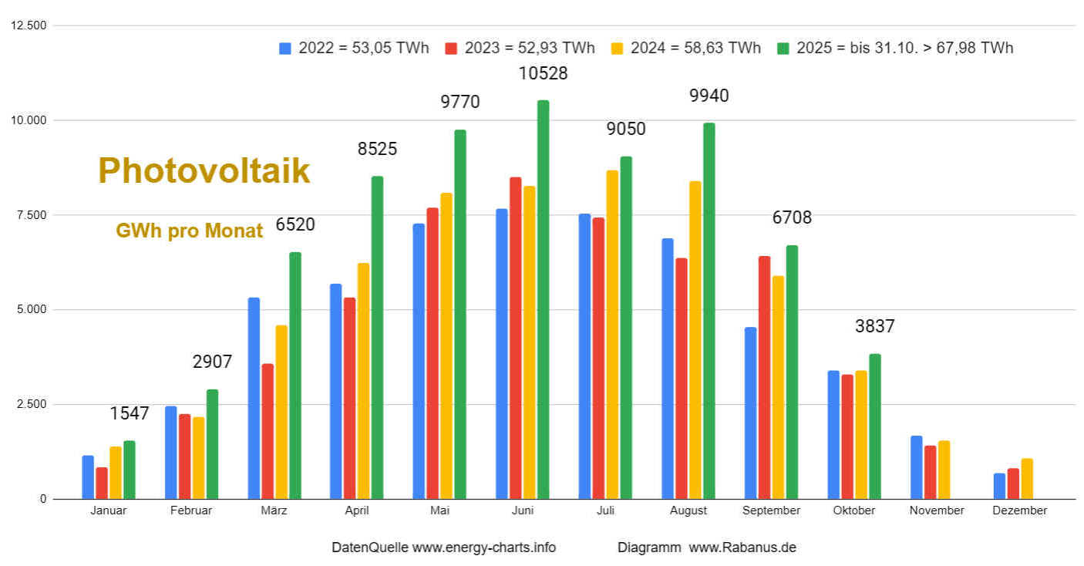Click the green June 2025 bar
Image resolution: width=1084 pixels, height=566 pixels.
tap(543, 301)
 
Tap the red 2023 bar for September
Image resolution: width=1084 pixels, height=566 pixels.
tap(764, 378)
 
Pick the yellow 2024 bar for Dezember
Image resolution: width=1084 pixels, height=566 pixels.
tap(1026, 479)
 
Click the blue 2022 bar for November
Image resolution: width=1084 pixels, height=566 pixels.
tap(916, 467)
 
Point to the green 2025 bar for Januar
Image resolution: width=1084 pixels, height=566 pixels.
tap(129, 470)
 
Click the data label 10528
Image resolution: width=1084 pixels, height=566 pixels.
tap(543, 73)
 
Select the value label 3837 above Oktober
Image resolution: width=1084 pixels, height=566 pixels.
tap(875, 326)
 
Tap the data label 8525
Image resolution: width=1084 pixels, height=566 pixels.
tap(377, 149)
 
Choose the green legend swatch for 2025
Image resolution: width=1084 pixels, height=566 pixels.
tap(783, 48)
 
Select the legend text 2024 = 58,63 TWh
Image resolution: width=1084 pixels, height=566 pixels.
tap(695, 48)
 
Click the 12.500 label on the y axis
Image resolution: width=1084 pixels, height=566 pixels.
tap(29, 25)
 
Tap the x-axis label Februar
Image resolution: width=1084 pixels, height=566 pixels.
tap(190, 510)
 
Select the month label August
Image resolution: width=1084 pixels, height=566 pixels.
tap(688, 510)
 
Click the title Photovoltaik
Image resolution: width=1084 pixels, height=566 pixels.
tap(204, 171)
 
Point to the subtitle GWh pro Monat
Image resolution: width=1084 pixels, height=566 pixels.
tap(190, 231)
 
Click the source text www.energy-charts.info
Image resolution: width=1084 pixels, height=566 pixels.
tap(483, 547)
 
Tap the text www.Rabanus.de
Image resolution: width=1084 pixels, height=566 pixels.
tap(742, 547)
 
